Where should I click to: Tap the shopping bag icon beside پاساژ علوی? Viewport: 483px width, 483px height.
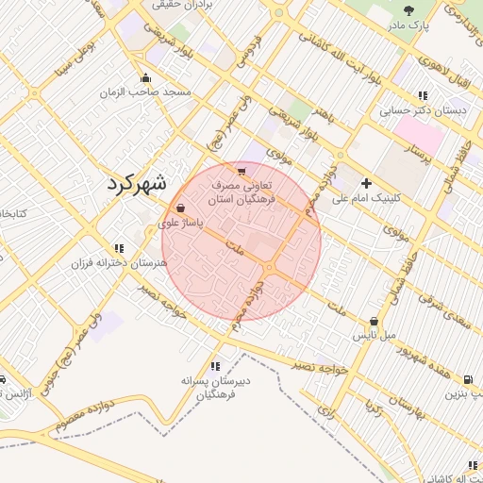180,208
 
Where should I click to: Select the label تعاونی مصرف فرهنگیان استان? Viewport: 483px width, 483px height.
242,193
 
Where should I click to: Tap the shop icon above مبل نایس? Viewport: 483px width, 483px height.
375,321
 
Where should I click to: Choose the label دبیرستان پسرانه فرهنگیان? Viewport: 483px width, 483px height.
217,388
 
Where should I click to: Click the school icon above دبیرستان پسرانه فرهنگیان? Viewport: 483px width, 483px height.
216,365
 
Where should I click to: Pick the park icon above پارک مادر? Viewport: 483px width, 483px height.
408,9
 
